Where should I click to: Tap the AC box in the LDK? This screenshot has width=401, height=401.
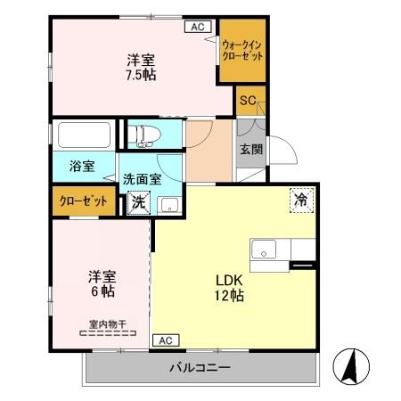click(164, 340)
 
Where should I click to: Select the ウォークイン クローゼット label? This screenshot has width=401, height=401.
click(241, 49)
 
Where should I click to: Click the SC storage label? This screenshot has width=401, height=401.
click(246, 102)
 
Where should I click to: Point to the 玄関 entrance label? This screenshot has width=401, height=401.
click(250, 150)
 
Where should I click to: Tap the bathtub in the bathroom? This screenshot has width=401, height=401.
click(85, 136)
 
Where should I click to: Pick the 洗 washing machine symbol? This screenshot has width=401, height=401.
click(137, 202)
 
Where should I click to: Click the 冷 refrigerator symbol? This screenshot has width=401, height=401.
click(302, 200)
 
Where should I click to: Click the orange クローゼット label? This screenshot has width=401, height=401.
click(83, 201)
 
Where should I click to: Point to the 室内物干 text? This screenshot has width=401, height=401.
click(107, 324)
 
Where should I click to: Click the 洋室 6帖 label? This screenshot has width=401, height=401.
click(99, 283)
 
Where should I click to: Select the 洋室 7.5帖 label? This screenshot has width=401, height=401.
click(140, 68)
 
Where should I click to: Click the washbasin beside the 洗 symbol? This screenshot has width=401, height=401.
click(168, 204)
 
